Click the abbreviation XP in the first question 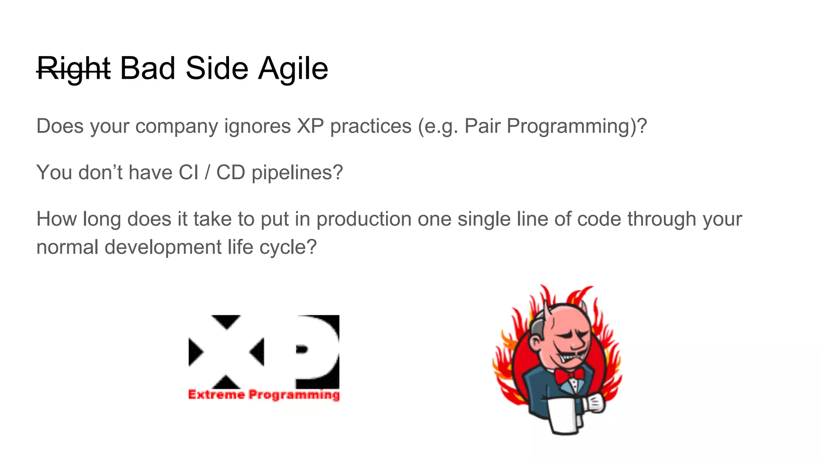click(310, 126)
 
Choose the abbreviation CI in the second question click(188, 173)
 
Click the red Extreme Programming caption click(264, 395)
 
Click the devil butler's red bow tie click(569, 375)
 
